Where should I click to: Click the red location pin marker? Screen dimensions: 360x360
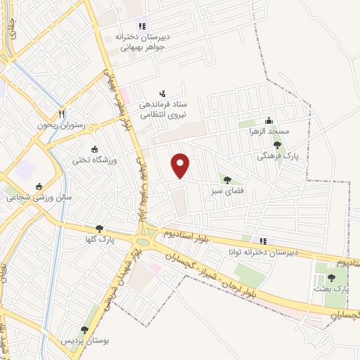(x=181, y=165)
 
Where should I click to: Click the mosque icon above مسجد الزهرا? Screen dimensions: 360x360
(x=268, y=120)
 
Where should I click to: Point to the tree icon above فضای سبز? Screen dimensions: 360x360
(x=227, y=180)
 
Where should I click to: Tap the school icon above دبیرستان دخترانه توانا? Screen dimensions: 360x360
(x=263, y=240)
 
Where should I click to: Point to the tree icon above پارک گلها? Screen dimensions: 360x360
(x=99, y=229)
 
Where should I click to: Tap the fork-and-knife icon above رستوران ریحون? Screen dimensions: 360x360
(x=63, y=114)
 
